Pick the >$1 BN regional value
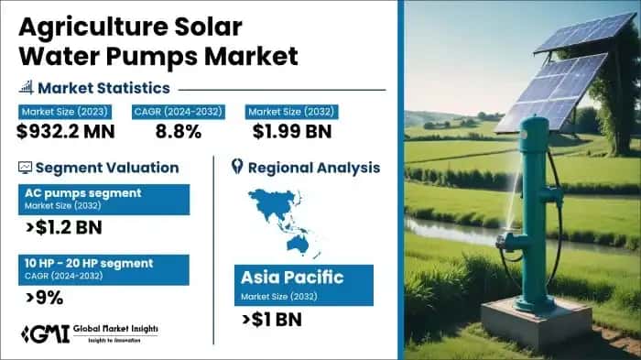(x=274, y=319)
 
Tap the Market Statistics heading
(x=110, y=88)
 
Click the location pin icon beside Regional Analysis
(x=237, y=167)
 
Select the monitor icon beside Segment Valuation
(x=25, y=168)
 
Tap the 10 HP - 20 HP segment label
(x=90, y=264)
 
